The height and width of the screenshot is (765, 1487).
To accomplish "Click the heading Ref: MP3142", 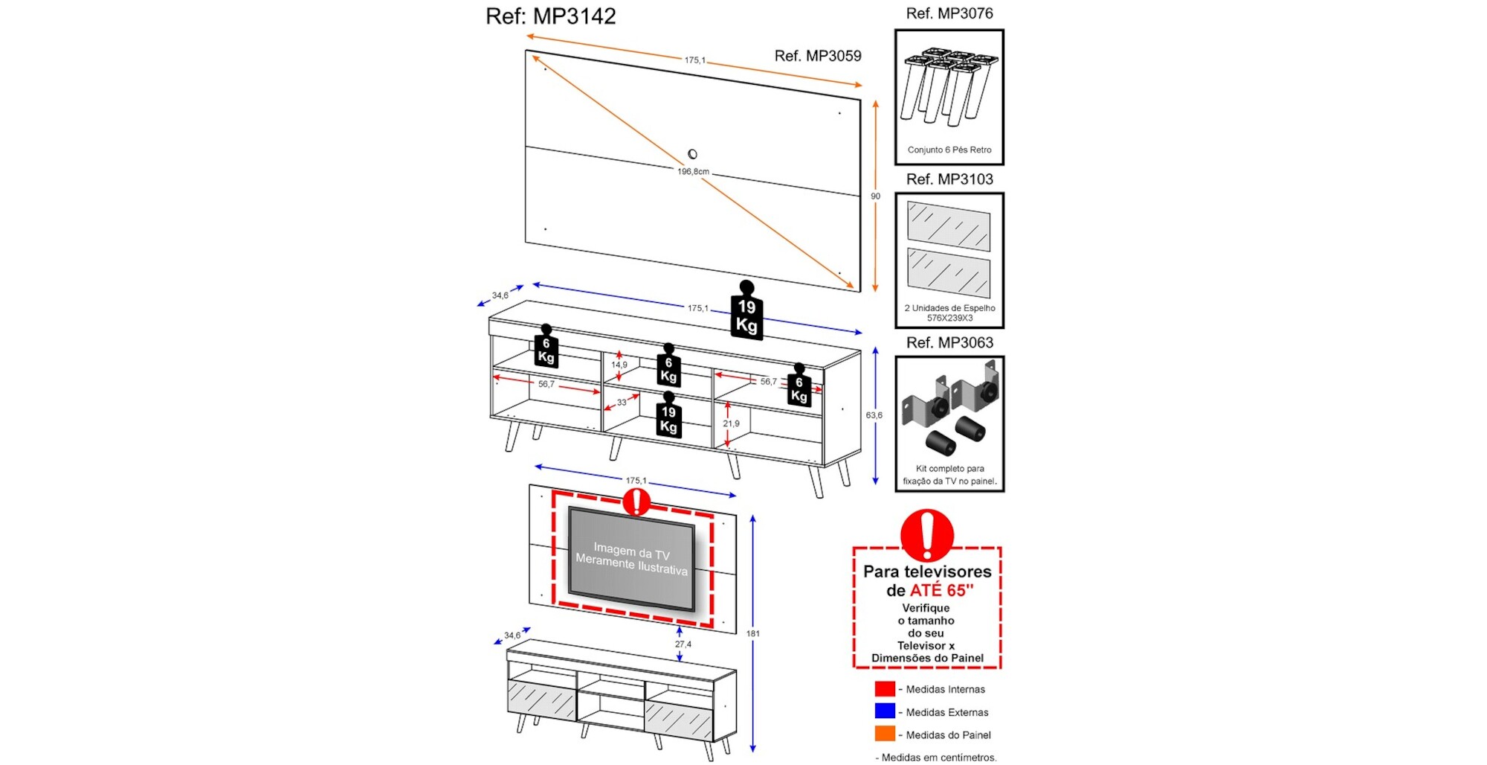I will tap(550, 16).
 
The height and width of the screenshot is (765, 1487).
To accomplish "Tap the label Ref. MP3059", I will tap(817, 56).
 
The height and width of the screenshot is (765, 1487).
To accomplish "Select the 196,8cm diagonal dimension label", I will tap(693, 172).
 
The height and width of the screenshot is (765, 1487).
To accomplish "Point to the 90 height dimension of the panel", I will tap(875, 196).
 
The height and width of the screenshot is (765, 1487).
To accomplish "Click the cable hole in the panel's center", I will tap(692, 154).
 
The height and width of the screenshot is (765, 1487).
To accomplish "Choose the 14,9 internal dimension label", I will tap(619, 365).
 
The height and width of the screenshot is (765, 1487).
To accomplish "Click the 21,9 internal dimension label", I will tap(731, 423).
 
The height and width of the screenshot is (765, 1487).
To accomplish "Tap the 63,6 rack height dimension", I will tap(874, 415).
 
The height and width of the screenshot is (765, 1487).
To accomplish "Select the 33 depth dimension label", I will tap(622, 403).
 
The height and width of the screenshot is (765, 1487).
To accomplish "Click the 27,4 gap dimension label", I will tap(683, 644).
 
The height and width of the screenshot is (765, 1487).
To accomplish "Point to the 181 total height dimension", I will tap(752, 633).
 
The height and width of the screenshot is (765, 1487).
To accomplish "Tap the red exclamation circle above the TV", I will tap(636, 502).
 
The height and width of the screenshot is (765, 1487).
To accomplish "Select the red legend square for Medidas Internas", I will tap(884, 689).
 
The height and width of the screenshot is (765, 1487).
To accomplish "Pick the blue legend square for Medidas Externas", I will tap(884, 711).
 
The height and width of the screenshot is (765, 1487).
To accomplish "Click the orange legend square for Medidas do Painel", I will tap(884, 734).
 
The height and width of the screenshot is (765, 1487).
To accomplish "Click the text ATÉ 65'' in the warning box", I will tap(941, 591).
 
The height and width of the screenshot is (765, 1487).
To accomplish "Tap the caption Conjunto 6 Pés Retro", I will tap(949, 150).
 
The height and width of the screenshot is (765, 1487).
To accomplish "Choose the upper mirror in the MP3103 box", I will tap(949, 225).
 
